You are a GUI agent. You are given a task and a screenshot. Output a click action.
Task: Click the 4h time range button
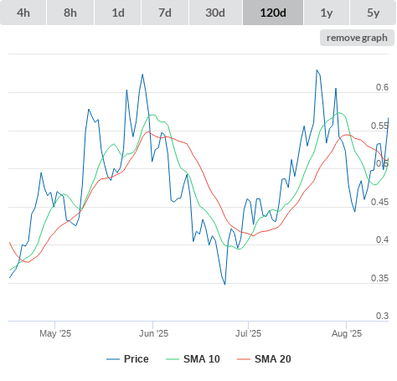click(23, 13)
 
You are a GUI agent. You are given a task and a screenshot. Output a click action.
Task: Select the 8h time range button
click(70, 13)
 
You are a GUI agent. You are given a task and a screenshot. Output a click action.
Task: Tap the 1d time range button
click(118, 13)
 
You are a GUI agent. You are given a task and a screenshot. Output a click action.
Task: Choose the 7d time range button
click(165, 13)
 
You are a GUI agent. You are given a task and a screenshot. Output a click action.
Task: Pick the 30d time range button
click(215, 13)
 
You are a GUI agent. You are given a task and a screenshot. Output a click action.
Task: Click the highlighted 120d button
click(273, 13)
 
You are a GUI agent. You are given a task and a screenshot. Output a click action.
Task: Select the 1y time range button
click(327, 13)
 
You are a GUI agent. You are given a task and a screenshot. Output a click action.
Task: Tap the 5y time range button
click(374, 13)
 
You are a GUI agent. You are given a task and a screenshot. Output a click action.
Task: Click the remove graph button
click(357, 38)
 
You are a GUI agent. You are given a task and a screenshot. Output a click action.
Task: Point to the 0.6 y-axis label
click(382, 87)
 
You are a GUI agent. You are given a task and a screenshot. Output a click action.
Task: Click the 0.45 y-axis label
click(379, 202)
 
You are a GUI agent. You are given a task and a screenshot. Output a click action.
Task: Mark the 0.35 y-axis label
click(379, 278)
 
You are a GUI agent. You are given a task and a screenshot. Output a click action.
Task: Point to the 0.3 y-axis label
click(382, 316)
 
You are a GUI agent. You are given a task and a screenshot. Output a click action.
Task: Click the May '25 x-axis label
click(55, 333)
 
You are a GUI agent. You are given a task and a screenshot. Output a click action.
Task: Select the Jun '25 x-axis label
click(153, 333)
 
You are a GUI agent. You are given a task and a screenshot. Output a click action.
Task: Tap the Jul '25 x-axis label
click(248, 333)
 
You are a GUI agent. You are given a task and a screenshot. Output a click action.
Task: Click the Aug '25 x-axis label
click(347, 333)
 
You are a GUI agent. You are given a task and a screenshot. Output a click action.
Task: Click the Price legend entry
click(127, 359)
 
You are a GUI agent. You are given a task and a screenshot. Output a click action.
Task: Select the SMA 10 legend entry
click(193, 359)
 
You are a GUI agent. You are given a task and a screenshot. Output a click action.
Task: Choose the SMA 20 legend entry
click(264, 359)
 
